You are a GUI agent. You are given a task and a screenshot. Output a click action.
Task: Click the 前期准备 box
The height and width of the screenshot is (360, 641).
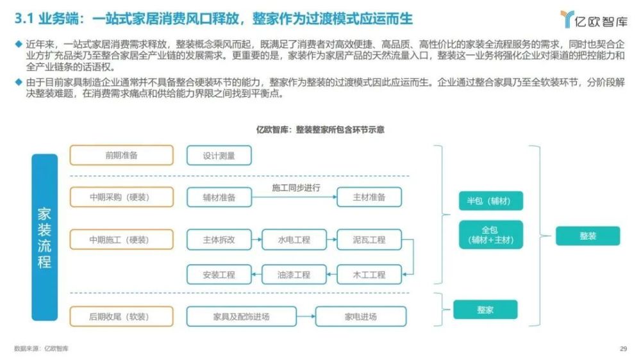coord(121,155)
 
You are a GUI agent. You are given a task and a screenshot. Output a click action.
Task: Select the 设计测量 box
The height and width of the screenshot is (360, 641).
coord(219,156)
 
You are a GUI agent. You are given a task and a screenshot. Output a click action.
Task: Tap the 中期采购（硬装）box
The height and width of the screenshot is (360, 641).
coord(121,197)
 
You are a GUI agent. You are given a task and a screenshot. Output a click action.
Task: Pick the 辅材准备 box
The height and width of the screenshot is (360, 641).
coord(219,197)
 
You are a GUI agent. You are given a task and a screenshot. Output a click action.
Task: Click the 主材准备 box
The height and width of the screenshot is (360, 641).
coord(369,197)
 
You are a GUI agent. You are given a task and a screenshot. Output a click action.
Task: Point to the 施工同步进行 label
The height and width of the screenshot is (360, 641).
coord(296,188)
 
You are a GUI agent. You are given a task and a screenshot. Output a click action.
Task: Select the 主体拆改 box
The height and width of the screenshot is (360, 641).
coord(219,240)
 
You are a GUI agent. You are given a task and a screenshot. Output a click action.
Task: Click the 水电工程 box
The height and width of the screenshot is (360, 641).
coord(294,240)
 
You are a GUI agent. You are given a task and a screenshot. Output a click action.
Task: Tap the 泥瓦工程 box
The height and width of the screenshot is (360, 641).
coord(369,240)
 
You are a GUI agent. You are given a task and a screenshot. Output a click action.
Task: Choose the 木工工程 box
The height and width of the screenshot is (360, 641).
coord(369,275)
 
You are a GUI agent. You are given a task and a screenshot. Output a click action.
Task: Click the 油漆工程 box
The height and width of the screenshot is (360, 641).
coord(294,275)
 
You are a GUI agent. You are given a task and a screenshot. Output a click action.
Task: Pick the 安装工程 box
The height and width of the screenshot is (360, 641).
coord(219,275)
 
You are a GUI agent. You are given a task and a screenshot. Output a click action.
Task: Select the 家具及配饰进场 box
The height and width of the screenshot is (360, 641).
coord(241,316)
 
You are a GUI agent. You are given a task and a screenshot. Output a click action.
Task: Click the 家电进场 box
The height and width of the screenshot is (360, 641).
coord(360,316)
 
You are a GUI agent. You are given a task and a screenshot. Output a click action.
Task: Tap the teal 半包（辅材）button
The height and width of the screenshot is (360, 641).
coord(490,200)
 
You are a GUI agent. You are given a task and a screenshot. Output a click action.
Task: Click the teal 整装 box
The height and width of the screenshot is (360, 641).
coord(588,236)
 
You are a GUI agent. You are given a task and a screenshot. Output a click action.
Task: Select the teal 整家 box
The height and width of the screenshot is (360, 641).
coord(485,310)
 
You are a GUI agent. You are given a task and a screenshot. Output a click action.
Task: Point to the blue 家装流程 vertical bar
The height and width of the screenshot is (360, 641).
coord(45,238)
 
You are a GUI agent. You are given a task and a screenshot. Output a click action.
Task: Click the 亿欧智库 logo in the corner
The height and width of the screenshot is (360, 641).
coord(594,20)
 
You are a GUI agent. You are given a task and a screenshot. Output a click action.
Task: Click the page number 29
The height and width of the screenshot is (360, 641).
coord(624,348)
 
